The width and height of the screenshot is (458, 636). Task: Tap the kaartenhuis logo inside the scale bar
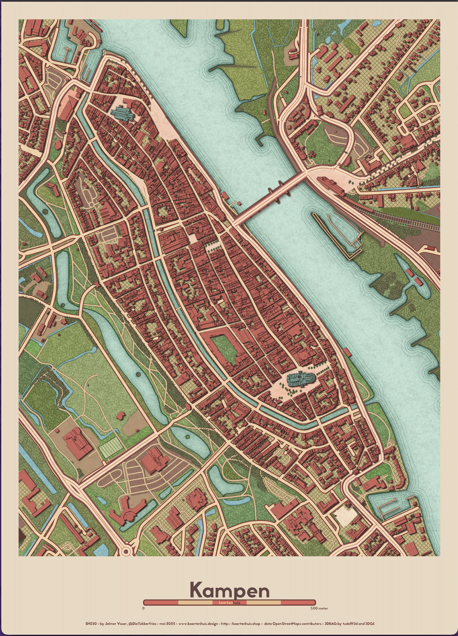tap(229, 603)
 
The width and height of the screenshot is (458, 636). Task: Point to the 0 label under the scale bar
tap(144, 608)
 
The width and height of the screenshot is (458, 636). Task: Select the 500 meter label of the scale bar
tap(319, 608)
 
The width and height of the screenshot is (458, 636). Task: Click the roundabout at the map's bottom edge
tap(126, 552)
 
